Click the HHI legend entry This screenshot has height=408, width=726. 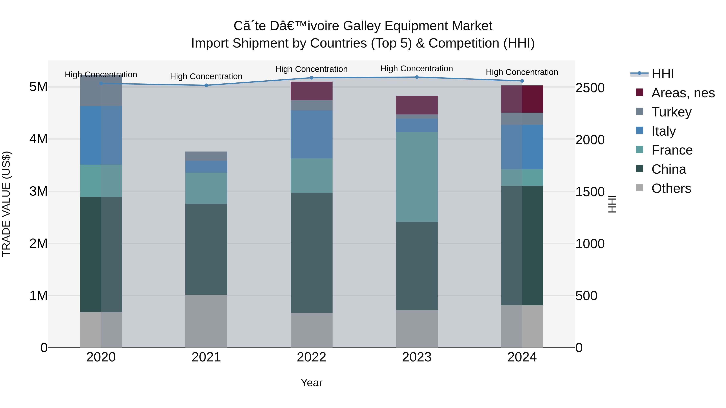[x=662, y=74]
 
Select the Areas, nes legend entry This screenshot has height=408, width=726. [x=683, y=93]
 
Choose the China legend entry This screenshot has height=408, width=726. [x=668, y=169]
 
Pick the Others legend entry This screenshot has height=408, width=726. [x=671, y=188]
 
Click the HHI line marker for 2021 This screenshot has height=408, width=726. [x=206, y=85]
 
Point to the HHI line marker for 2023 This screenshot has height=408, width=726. [x=417, y=77]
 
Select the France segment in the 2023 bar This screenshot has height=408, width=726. [x=417, y=177]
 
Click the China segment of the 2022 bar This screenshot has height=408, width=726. [x=311, y=253]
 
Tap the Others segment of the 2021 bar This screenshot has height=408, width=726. [x=206, y=321]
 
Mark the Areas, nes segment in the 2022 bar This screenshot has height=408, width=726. [x=311, y=91]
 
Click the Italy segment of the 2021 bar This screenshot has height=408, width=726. [x=206, y=167]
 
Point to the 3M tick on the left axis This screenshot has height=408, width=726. [x=38, y=191]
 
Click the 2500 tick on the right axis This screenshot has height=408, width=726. [x=590, y=88]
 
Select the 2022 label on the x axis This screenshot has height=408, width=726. [x=311, y=357]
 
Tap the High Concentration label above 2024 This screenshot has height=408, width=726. [x=522, y=72]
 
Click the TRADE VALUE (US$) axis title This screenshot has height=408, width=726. [x=6, y=204]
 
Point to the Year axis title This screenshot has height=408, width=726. [x=311, y=383]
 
